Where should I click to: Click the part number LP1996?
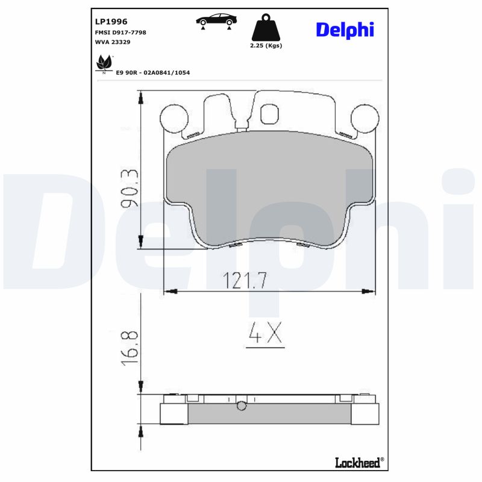tap(111, 21)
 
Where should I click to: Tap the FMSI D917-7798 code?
tap(121, 32)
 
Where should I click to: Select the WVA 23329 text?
tap(113, 42)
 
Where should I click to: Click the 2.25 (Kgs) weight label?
tap(266, 46)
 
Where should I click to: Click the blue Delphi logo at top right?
tap(345, 30)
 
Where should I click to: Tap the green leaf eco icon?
tap(104, 62)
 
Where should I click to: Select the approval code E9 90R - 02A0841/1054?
tap(154, 72)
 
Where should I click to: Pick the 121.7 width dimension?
tap(245, 280)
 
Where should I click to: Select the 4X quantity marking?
tap(266, 334)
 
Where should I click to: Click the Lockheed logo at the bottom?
tap(358, 462)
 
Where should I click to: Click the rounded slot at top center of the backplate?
tap(269, 114)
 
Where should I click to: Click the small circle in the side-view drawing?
tap(242, 406)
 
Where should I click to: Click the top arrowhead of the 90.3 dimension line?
tap(141, 95)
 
